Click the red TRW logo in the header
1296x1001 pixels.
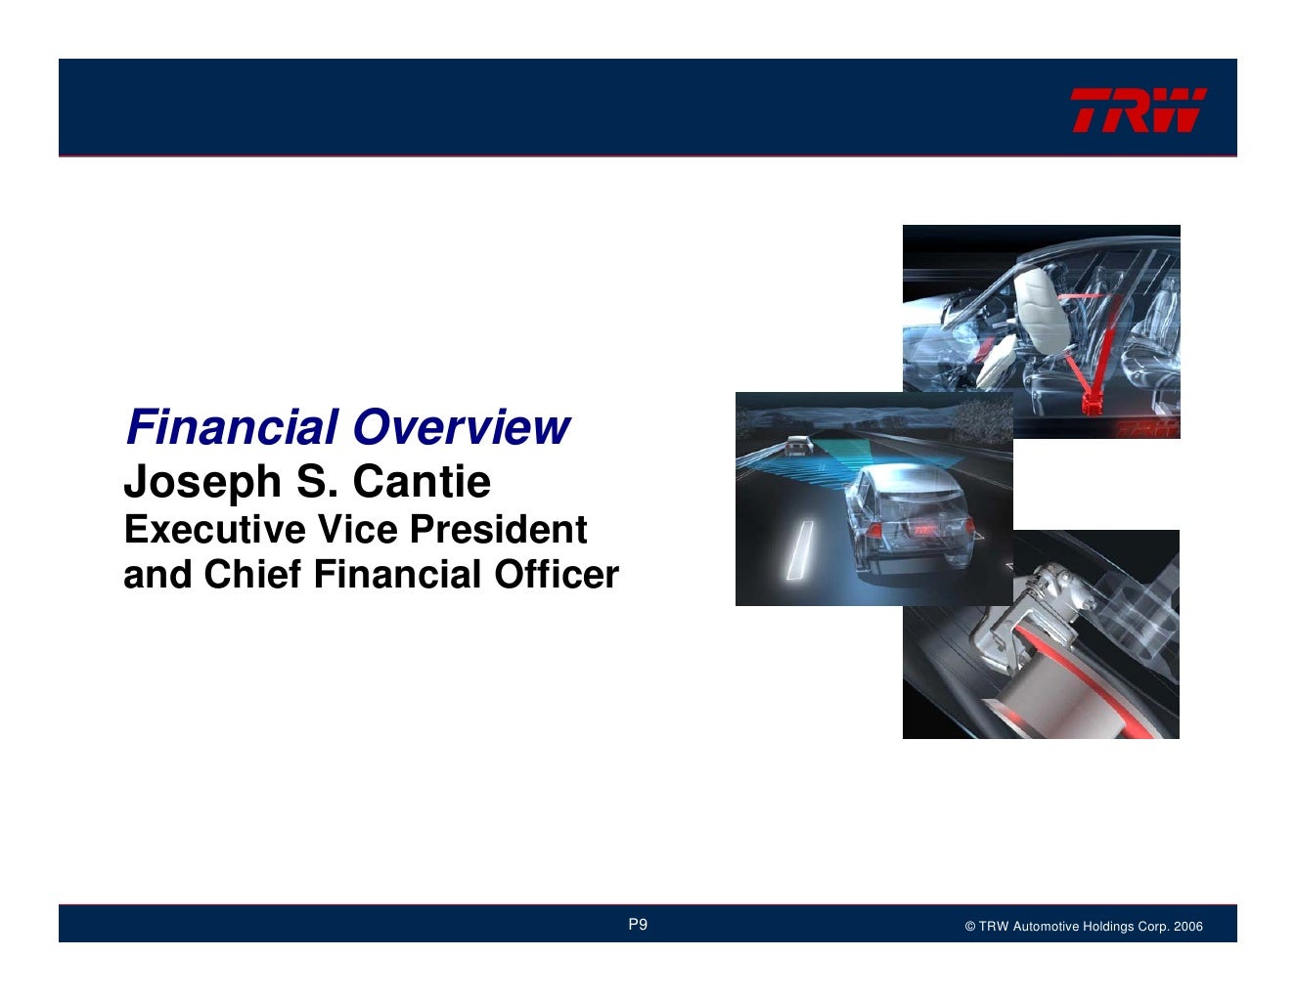coord(1138,109)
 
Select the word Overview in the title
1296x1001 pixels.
coord(461,427)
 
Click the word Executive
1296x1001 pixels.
coord(209,530)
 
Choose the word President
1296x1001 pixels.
coord(498,530)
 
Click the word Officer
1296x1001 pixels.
coord(556,575)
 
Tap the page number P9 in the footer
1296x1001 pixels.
coord(638,925)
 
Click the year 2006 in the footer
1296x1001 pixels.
coord(1188,927)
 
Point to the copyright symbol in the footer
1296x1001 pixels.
coord(969,927)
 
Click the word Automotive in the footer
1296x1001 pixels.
coord(1046,927)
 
